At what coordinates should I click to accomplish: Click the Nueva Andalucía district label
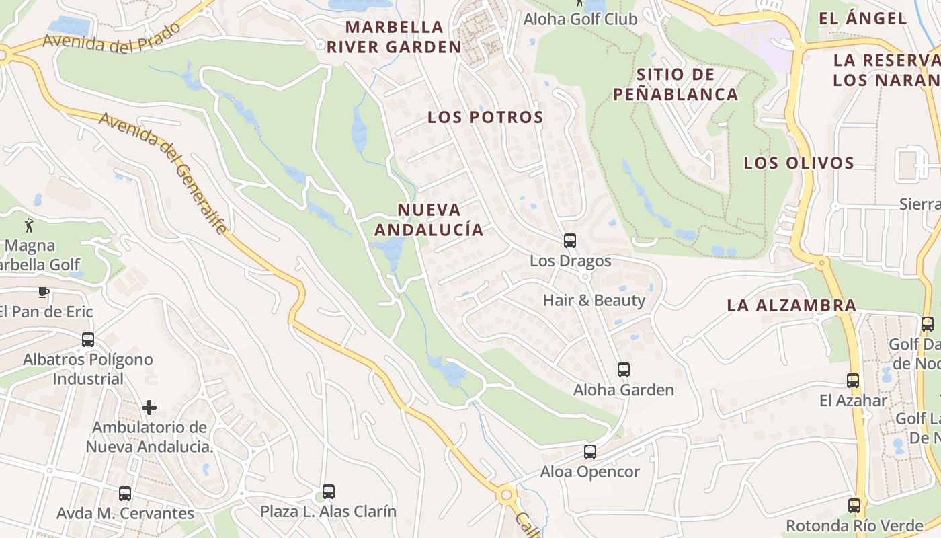click(429, 220)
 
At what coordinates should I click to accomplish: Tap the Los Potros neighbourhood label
click(485, 117)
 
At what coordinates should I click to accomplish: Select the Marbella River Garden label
click(395, 37)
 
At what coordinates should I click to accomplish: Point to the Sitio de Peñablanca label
click(676, 84)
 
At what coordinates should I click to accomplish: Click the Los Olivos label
click(799, 163)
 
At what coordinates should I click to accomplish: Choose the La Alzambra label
click(792, 305)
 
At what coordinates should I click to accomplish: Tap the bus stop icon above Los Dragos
click(570, 241)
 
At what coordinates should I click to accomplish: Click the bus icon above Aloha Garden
click(624, 370)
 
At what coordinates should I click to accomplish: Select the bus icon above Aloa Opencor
click(590, 452)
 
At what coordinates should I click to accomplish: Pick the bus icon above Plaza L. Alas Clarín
click(329, 492)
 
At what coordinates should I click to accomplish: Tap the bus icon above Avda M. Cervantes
click(125, 494)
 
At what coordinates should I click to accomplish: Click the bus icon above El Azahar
click(853, 381)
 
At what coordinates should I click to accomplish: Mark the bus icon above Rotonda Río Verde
click(854, 506)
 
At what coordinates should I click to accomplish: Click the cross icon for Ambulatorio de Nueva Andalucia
click(149, 408)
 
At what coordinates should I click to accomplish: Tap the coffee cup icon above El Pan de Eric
click(44, 292)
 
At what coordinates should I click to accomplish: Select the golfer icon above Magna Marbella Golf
click(29, 225)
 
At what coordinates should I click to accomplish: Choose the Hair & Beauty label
click(594, 300)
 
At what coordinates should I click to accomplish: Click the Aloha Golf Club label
click(581, 19)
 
